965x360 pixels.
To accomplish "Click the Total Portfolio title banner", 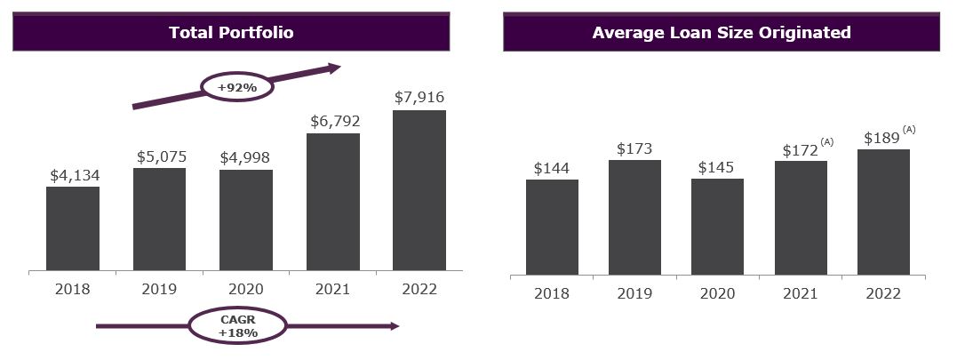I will click(x=231, y=33).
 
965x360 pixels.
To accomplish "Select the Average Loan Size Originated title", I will click(x=721, y=33).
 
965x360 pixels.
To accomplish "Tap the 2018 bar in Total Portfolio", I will click(x=73, y=228).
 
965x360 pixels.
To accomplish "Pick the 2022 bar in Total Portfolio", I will click(x=419, y=190).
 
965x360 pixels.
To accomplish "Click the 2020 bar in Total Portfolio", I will click(x=246, y=220).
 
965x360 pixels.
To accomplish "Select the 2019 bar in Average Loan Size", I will click(x=634, y=217).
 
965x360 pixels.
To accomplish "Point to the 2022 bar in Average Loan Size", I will click(x=884, y=212).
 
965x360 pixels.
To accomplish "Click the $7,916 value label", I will click(x=419, y=98).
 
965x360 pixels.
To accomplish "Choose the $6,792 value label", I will click(x=333, y=121).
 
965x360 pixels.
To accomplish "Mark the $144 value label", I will click(x=552, y=168).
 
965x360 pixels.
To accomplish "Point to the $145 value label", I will click(x=717, y=167).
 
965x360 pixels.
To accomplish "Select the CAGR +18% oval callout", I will click(x=237, y=326).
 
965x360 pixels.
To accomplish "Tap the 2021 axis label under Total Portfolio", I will click(x=332, y=289).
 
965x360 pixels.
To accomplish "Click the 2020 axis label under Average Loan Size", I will click(x=717, y=292).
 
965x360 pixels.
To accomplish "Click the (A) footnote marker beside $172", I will click(x=827, y=141).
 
